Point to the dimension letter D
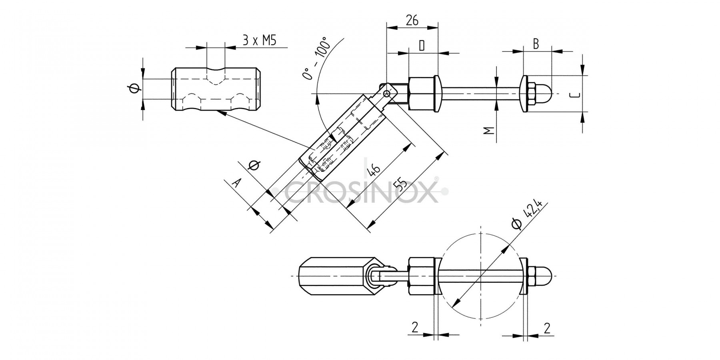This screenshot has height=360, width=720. (422, 46)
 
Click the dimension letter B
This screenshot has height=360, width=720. (536, 44)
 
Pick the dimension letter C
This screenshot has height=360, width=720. (574, 95)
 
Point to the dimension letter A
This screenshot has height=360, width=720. (237, 183)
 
